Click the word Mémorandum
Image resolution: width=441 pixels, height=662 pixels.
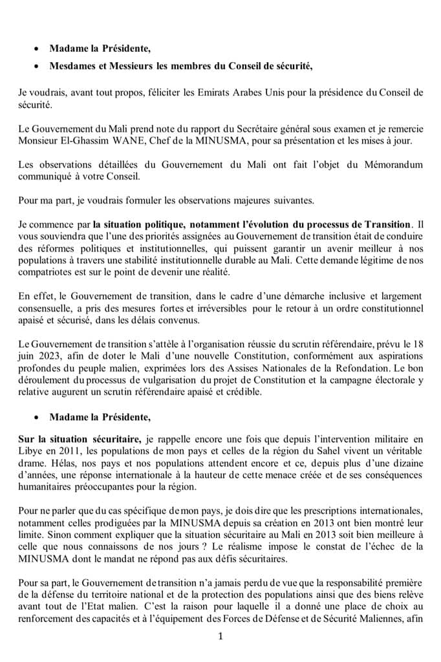(392, 165)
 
